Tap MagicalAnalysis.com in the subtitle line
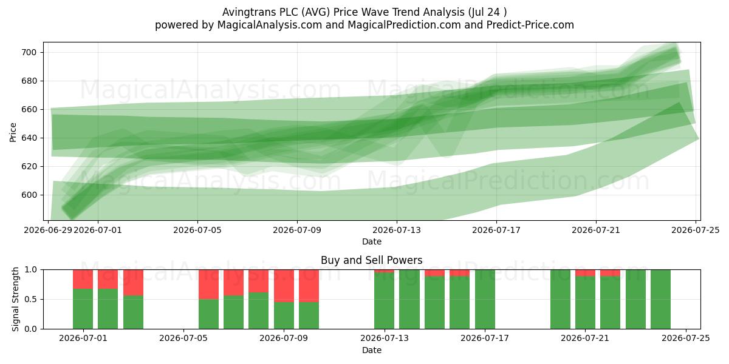coord(270,25)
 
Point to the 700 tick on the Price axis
coord(29,52)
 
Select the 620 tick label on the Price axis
coord(29,166)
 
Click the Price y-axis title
coord(13,132)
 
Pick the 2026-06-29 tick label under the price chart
coord(48,230)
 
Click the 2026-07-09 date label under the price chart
coord(297,230)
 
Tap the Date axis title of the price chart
coord(372,241)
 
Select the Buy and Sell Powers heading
coord(372,260)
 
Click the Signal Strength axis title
coord(15,299)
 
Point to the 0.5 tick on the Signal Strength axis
coord(31,299)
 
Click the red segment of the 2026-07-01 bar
coord(83,279)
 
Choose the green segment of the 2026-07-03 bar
coord(133,312)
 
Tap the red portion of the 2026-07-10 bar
coord(309,286)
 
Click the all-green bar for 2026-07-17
coord(485,299)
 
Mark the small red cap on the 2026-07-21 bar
coord(585,272)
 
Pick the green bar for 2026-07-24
coord(660,299)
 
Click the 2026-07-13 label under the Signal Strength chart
coord(385,339)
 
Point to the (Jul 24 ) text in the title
coord(487,12)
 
